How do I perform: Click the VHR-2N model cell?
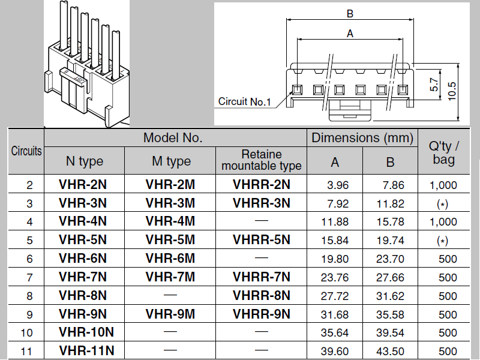(83, 185)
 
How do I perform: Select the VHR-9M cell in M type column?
(170, 314)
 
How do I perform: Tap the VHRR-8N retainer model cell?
(261, 295)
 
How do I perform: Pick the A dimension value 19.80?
(335, 259)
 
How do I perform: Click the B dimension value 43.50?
(390, 351)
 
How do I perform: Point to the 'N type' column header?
(84, 161)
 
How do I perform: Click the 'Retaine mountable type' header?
(261, 160)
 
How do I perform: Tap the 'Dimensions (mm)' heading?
(362, 138)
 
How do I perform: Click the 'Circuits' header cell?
(26, 151)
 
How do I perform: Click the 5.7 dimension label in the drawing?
(434, 83)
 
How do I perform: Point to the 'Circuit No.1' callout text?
(244, 102)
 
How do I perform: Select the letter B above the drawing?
(350, 13)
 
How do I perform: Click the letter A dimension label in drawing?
(350, 34)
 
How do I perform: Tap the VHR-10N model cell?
(86, 332)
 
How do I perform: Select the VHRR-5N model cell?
(261, 240)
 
